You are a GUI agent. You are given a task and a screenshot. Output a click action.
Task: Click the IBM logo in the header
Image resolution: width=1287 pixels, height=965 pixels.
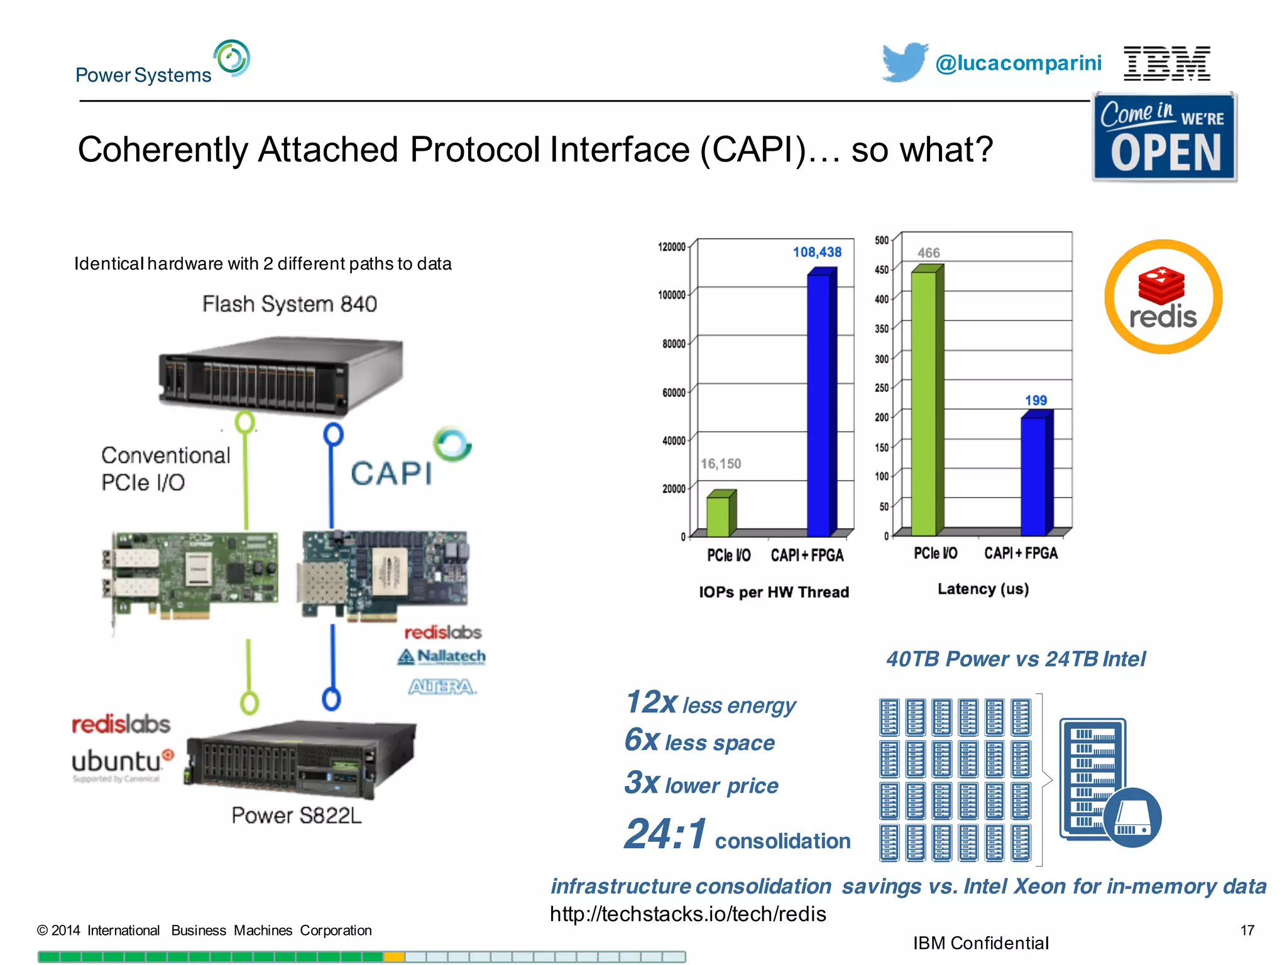tap(1166, 63)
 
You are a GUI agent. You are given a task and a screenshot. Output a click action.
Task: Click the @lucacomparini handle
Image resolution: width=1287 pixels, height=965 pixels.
tap(1018, 63)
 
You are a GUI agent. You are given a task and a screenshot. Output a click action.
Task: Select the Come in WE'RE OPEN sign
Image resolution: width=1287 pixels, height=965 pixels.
tap(1164, 137)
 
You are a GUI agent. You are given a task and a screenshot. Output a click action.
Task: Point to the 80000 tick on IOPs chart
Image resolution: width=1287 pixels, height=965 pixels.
tap(674, 344)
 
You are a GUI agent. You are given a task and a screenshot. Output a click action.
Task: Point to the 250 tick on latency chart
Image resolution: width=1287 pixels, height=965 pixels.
tap(882, 388)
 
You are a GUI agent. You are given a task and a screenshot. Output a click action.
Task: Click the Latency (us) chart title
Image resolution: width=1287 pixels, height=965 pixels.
tap(983, 589)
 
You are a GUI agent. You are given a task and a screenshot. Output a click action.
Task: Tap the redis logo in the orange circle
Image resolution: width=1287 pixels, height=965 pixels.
tap(1163, 297)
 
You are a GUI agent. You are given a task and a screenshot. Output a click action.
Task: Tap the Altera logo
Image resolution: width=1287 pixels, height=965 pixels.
tap(442, 687)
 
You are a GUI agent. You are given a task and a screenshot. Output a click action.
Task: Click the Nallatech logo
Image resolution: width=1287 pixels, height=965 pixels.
tap(442, 657)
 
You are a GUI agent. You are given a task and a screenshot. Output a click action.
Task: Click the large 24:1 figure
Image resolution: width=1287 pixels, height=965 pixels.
tap(665, 834)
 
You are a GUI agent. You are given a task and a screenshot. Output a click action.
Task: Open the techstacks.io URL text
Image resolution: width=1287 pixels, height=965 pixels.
tap(687, 913)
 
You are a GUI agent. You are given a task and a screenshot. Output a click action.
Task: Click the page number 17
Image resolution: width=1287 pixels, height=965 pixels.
tap(1247, 930)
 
